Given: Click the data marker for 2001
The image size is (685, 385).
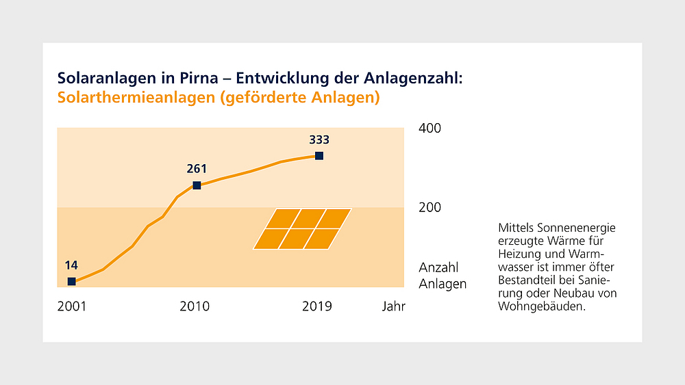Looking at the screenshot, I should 71,281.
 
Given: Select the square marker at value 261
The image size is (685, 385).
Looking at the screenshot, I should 197,185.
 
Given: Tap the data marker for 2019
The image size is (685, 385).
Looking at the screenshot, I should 319,156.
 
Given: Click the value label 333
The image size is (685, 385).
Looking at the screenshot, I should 319,140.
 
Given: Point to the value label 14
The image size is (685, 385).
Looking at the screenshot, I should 71,265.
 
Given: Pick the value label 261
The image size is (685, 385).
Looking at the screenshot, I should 196,169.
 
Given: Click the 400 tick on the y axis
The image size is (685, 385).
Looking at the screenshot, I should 430,129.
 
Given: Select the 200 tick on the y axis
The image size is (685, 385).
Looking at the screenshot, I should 430,207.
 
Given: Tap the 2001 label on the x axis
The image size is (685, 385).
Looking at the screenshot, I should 72,306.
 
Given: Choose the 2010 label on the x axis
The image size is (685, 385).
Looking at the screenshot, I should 195,306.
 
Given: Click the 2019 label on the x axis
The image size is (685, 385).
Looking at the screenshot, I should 317,306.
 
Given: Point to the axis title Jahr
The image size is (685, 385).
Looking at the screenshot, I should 394,306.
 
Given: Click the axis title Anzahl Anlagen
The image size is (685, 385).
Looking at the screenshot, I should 442,276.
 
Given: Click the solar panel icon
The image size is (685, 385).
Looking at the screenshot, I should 302,229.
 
